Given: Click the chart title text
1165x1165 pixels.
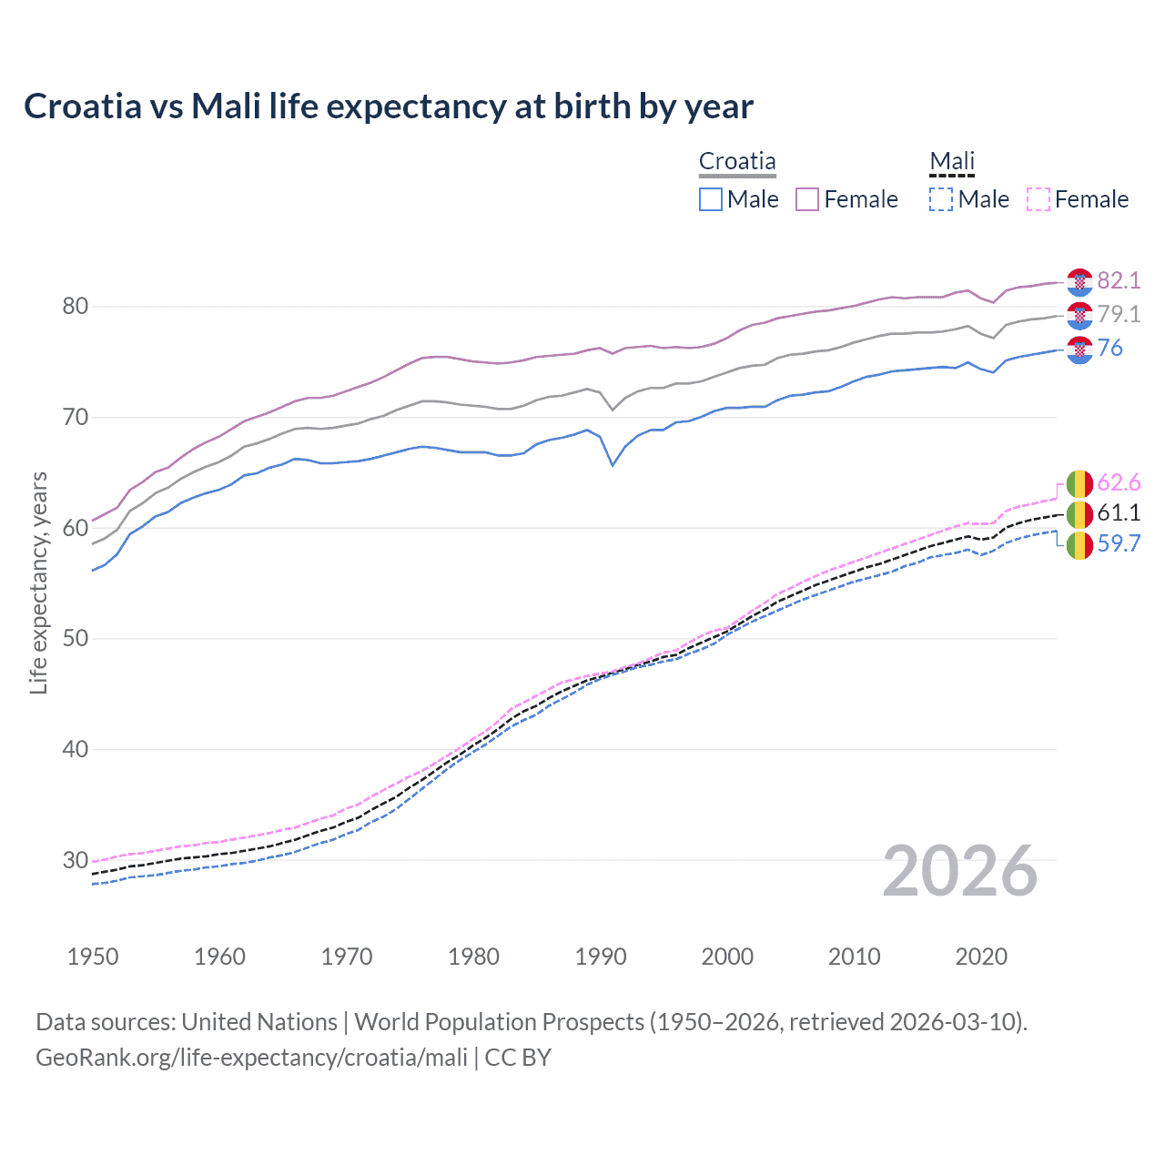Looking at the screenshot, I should pos(389,106).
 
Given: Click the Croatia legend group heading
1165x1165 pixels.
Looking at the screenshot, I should pos(737,161).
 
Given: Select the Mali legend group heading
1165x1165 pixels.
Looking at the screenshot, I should pos(952,161).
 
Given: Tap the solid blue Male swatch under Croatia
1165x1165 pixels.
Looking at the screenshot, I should pos(711,199).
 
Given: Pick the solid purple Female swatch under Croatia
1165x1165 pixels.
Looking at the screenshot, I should pos(807,199).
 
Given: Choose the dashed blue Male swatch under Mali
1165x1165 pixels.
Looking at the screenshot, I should pos(941,199).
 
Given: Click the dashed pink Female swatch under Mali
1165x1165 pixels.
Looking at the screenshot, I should pos(1038,199).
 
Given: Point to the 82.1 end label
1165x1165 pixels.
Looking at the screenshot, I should pos(1119,280).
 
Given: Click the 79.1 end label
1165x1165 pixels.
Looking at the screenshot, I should pos(1119,314).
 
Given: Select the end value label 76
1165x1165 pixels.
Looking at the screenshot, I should pos(1110,348).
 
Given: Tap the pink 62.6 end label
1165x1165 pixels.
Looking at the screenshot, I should pos(1119,482).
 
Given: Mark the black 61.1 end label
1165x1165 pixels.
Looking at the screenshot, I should pos(1119,512).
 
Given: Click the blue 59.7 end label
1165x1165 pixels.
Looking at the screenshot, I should pos(1119,543).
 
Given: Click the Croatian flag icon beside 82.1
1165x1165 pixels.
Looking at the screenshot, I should pos(1079,282).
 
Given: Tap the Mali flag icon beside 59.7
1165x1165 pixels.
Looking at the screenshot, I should pos(1079,545).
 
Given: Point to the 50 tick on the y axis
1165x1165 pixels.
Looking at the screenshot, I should pos(76,638).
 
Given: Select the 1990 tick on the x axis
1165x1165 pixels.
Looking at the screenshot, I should pos(601,957).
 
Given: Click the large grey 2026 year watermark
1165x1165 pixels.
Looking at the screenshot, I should pos(960,871).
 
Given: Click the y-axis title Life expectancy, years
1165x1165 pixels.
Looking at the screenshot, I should pos(39,582).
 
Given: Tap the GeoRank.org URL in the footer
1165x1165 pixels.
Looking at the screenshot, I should pos(251,1058).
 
